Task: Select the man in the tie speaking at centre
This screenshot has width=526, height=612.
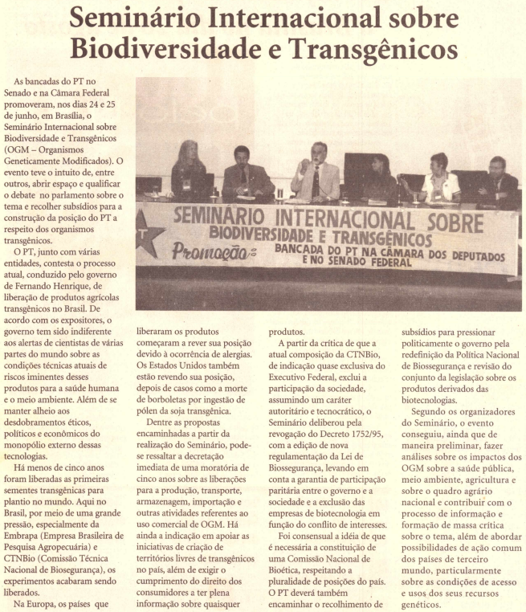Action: pos(316,171)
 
